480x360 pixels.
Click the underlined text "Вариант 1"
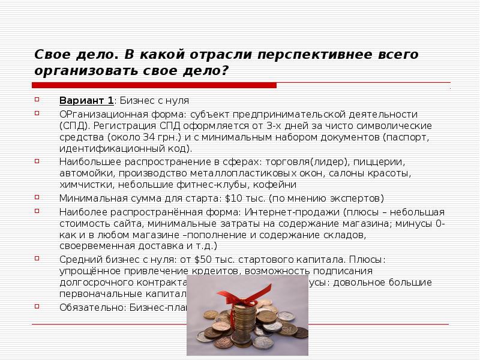[x=86, y=100]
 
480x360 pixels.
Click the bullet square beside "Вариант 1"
[x=37, y=100]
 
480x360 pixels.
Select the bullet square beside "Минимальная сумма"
[x=37, y=197]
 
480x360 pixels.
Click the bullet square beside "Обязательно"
[x=37, y=306]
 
